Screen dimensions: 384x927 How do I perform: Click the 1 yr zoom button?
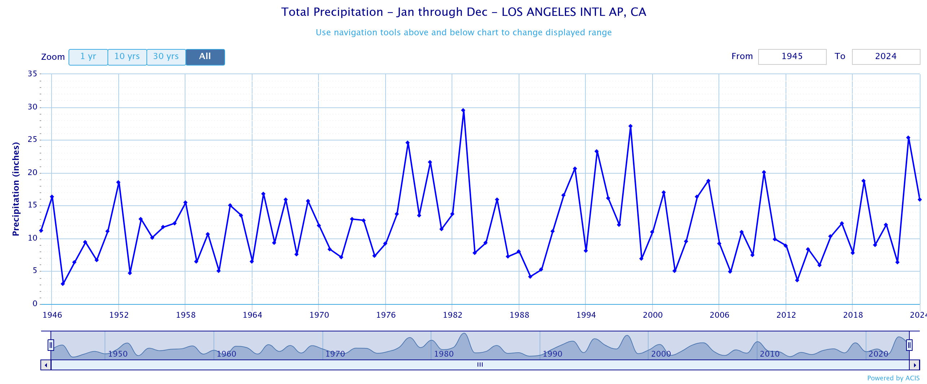tap(88, 57)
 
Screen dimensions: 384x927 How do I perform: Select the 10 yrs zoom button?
tap(127, 57)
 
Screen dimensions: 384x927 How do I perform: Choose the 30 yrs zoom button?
tap(166, 57)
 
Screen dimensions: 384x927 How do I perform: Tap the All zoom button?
tap(205, 57)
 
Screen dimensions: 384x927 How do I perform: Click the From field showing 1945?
tap(792, 57)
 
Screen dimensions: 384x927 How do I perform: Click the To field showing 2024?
tap(886, 57)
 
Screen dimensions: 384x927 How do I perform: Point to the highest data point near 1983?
tap(463, 111)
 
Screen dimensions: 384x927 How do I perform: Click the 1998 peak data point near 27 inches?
tap(630, 126)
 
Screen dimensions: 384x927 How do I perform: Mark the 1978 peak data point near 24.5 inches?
tap(408, 143)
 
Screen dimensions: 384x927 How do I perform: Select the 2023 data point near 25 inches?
tap(908, 138)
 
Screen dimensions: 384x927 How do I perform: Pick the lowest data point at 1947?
tap(63, 284)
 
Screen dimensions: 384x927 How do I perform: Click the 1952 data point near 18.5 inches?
tap(118, 182)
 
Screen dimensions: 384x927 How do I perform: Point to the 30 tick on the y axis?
tap(32, 107)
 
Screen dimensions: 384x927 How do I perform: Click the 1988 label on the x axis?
tap(519, 315)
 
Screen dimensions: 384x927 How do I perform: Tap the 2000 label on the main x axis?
tap(653, 315)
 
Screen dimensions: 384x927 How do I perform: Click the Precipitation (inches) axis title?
tap(16, 189)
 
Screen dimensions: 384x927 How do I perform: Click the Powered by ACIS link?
tap(893, 378)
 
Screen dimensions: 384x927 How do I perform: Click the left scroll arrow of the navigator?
tap(46, 365)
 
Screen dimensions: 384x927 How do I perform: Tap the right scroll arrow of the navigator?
tap(915, 365)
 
